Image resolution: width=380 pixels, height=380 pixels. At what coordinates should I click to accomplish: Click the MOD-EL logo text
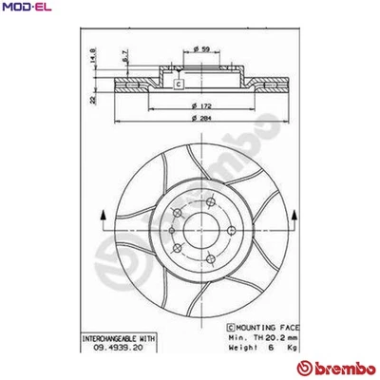(24, 8)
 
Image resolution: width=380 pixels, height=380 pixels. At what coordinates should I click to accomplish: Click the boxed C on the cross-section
(178, 84)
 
